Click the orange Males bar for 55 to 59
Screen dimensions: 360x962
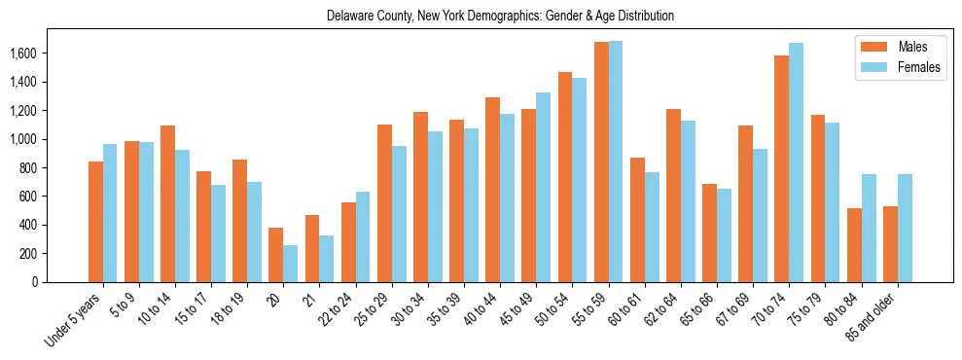point(601,162)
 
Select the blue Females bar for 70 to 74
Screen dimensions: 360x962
point(796,162)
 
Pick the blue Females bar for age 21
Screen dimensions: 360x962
point(326,259)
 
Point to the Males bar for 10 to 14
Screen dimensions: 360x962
point(167,203)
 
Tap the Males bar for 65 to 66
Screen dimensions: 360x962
point(709,233)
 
